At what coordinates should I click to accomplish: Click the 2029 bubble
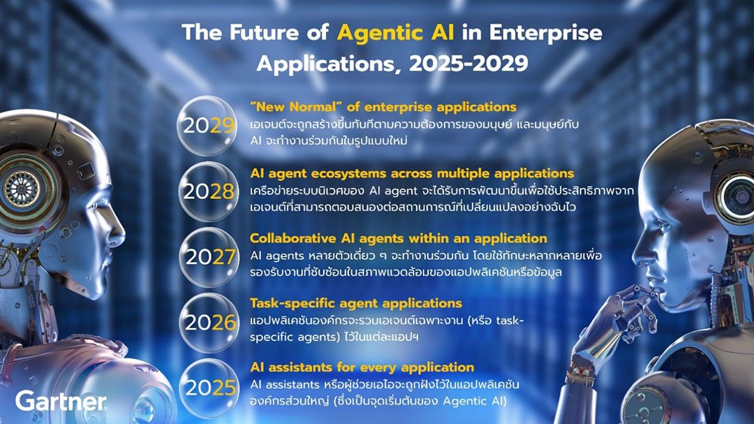(207, 126)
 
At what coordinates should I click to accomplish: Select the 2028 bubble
(207, 191)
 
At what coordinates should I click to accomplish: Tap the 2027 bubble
(209, 257)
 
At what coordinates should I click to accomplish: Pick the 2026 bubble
(209, 323)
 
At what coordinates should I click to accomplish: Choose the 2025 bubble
(209, 388)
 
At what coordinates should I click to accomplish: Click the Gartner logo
(61, 401)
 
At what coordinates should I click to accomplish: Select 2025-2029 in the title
(468, 63)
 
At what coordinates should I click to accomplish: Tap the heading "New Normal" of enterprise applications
(383, 107)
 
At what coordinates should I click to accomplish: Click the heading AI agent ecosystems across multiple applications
(412, 173)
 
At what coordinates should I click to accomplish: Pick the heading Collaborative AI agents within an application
(399, 238)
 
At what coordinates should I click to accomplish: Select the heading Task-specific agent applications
(356, 303)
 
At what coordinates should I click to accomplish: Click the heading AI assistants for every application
(362, 367)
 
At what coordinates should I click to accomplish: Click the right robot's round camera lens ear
(736, 195)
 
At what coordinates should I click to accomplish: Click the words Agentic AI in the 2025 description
(474, 401)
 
